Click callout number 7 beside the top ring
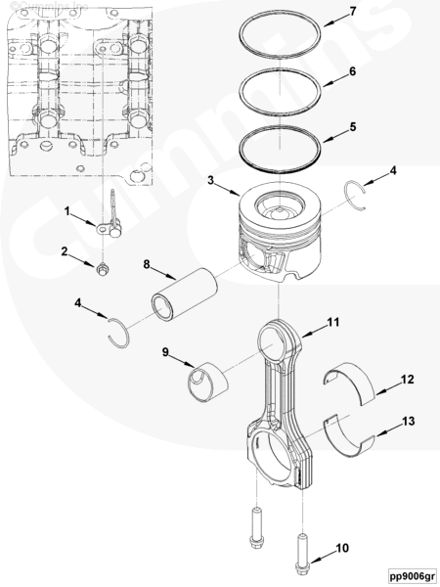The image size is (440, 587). click(353, 11)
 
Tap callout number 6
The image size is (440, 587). click(352, 70)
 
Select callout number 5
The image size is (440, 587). click(353, 126)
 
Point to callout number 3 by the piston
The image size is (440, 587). click(211, 180)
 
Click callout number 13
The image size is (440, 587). click(408, 421)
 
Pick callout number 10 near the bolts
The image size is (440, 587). click(342, 548)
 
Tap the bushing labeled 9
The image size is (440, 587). click(207, 382)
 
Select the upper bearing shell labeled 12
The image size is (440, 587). click(349, 383)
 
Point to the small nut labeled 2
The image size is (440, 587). click(102, 269)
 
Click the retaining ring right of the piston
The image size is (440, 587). click(355, 195)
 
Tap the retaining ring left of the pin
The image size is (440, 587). click(119, 334)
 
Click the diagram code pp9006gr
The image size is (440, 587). click(413, 575)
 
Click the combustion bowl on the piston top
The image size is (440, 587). click(279, 206)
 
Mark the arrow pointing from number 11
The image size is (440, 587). click(314, 329)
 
